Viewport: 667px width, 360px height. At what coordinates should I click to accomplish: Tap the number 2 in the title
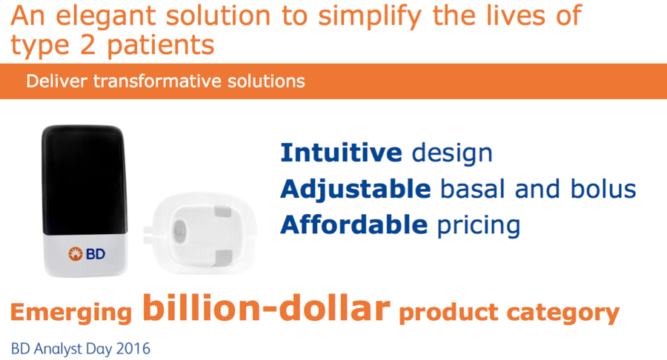(x=87, y=44)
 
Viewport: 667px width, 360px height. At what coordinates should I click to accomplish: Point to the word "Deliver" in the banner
(x=56, y=81)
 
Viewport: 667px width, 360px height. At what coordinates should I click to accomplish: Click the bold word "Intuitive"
(x=341, y=153)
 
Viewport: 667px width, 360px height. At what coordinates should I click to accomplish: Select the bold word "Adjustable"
(x=356, y=190)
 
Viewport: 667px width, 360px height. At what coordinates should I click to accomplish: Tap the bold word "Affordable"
(x=354, y=224)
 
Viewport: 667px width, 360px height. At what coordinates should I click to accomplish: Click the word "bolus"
(x=603, y=189)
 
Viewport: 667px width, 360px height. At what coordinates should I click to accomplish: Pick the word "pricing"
(x=479, y=225)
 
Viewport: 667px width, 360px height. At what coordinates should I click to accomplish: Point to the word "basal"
(x=472, y=189)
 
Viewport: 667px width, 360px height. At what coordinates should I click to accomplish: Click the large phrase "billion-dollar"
(x=266, y=307)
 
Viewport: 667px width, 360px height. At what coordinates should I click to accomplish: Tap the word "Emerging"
(x=71, y=313)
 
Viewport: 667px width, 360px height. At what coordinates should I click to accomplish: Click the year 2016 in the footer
(x=133, y=349)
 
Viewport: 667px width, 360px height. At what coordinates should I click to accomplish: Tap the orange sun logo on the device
(x=76, y=254)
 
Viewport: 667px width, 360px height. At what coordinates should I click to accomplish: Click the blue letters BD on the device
(x=96, y=254)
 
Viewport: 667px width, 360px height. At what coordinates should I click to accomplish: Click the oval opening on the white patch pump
(x=179, y=230)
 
